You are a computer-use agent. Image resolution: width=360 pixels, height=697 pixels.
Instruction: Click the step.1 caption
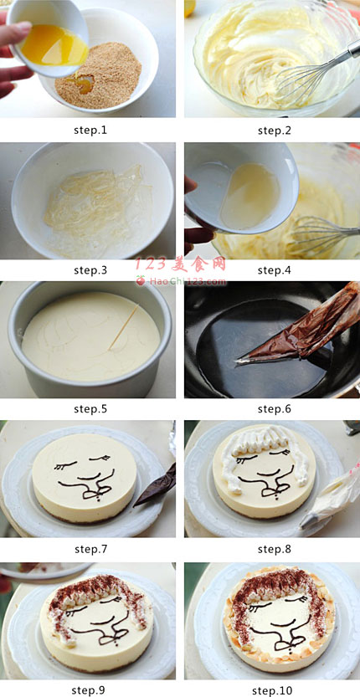(90, 131)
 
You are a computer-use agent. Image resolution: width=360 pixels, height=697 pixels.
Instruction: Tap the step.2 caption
(274, 131)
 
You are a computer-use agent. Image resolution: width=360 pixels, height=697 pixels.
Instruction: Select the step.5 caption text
(90, 409)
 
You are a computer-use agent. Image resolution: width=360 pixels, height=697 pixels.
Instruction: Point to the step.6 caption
(274, 409)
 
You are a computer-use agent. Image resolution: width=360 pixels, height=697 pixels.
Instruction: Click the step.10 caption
(272, 690)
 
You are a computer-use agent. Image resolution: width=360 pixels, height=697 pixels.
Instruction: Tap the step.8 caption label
(274, 549)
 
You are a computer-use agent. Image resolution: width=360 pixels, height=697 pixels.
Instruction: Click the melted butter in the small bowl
(54, 46)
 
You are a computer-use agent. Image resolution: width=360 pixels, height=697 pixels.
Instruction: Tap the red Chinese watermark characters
(181, 265)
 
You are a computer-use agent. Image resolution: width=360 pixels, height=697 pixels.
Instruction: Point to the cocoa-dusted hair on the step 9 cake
(95, 592)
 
